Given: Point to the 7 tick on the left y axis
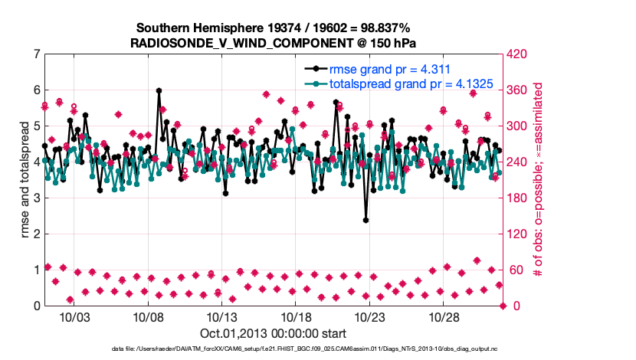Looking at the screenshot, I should tap(37, 54).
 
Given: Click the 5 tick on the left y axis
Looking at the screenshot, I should tap(37, 126).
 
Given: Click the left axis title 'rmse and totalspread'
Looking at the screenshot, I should tap(25, 180).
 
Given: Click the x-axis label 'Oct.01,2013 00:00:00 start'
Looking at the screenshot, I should tap(273, 333).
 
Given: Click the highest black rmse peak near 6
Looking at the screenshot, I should tap(159, 90).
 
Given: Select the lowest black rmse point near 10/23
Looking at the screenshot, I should tap(366, 220).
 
